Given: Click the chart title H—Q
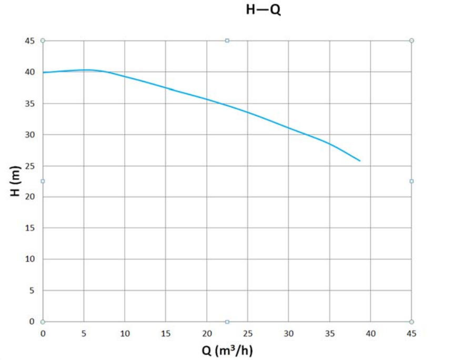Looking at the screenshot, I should [264, 10].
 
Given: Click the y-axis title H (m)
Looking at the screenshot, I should [16, 181].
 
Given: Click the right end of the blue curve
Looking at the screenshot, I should [360, 161].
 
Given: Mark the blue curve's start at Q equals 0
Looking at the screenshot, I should [43, 72].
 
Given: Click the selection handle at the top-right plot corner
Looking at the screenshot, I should [411, 41].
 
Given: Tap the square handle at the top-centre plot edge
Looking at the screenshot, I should [227, 41].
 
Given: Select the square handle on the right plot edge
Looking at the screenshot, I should [411, 181].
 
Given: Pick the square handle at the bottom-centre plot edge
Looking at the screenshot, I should [227, 322].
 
